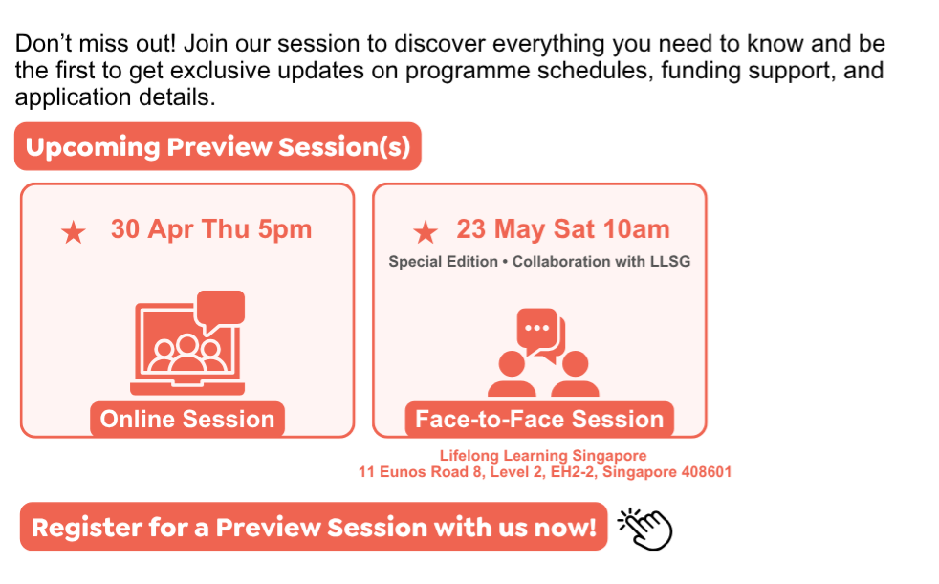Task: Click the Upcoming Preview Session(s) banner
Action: pos(217,146)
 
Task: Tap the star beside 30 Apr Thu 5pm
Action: pos(74,232)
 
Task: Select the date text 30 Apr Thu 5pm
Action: pos(211,229)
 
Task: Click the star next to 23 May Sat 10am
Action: pos(426,232)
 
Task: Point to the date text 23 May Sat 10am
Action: pos(563,229)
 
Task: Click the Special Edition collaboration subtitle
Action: pos(539,262)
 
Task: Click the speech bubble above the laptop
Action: pos(220,310)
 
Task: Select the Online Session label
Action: pos(187,419)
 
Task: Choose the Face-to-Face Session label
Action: pos(539,419)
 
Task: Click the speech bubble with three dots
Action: pos(536,329)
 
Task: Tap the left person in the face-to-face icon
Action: pos(512,374)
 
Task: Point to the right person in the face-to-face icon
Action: pos(575,374)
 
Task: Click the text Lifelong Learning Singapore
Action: pos(543,455)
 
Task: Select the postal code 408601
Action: pos(707,472)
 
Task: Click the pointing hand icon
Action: pos(645,529)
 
